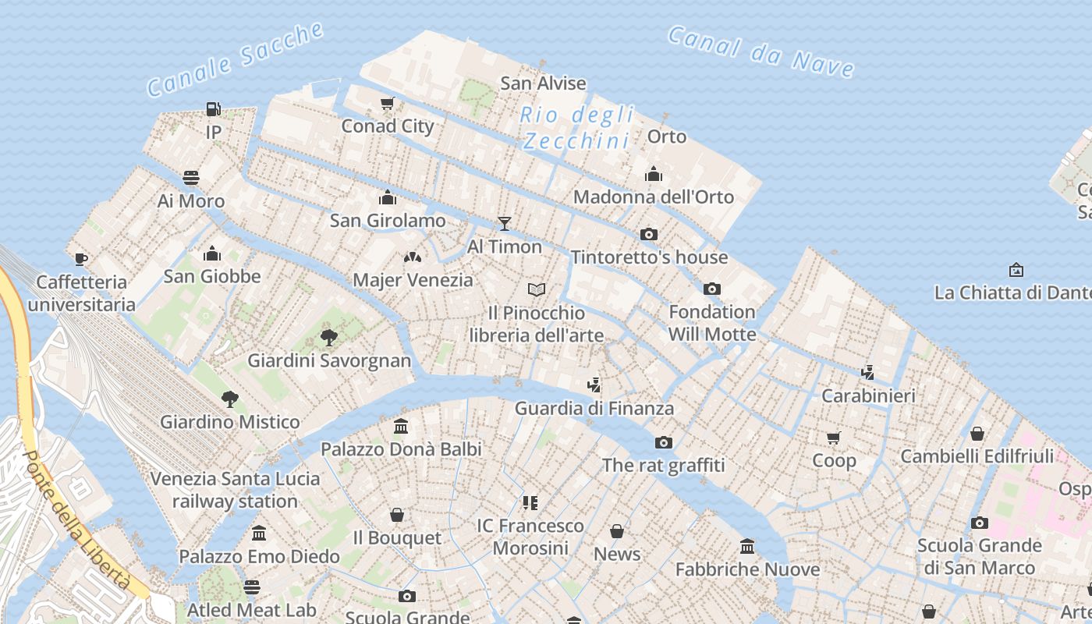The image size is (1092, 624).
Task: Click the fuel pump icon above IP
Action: (x=213, y=109)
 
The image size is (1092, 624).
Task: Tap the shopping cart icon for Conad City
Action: (x=387, y=103)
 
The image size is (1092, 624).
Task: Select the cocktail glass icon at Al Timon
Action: (x=505, y=224)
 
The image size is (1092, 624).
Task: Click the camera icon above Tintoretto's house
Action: (x=648, y=234)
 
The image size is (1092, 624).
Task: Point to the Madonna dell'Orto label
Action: (x=654, y=197)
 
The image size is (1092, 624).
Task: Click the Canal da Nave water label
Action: (x=760, y=51)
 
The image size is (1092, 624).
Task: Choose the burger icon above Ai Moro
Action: (x=191, y=178)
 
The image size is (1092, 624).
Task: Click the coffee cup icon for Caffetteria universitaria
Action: (x=81, y=259)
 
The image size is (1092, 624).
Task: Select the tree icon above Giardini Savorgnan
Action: (x=329, y=337)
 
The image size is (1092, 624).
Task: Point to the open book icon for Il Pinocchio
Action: (x=536, y=289)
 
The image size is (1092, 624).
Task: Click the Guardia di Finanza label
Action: (x=594, y=408)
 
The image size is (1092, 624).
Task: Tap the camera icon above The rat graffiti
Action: (x=664, y=443)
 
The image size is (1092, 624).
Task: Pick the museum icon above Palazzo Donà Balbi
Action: (x=401, y=426)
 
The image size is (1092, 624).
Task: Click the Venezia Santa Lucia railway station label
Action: (x=235, y=490)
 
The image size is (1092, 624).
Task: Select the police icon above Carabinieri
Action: (x=867, y=372)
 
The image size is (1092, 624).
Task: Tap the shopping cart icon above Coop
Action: (x=834, y=438)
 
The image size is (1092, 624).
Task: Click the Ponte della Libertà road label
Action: (x=76, y=519)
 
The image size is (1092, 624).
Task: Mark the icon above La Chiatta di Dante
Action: (x=1016, y=270)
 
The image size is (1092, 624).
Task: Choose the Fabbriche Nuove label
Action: (x=747, y=569)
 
